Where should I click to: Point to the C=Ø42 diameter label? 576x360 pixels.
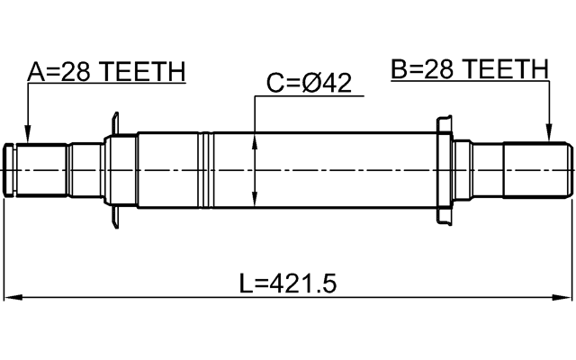pyautogui.click(x=309, y=84)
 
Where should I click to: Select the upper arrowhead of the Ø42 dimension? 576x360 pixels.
pyautogui.click(x=257, y=139)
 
